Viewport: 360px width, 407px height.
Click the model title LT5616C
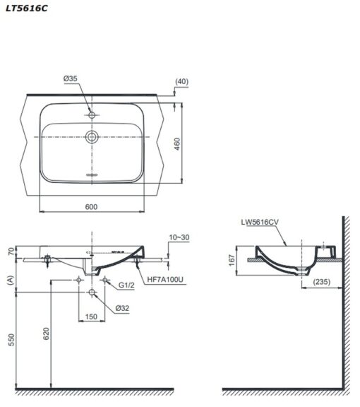tap(27, 8)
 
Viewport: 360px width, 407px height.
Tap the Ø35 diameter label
tap(71, 78)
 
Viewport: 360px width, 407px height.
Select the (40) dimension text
tap(182, 81)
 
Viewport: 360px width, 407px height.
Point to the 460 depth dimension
tap(177, 144)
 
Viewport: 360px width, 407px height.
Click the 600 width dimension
tap(91, 206)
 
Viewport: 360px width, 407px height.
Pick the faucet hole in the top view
tap(92, 114)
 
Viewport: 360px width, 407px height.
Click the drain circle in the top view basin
tap(92, 136)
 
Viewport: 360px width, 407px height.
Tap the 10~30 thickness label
tap(179, 237)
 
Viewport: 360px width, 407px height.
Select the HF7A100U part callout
tap(165, 279)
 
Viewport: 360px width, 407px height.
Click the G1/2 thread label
tap(126, 285)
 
